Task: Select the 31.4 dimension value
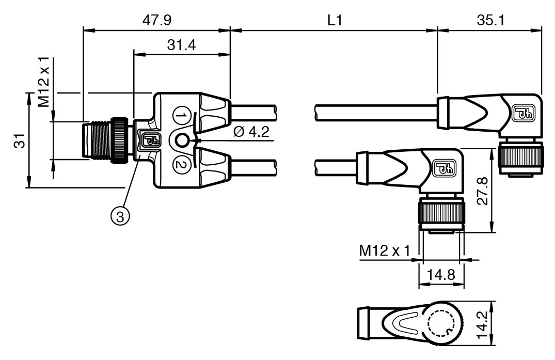click(x=181, y=45)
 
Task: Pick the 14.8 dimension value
click(x=440, y=274)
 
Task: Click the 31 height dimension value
click(x=20, y=141)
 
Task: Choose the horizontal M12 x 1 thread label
click(x=385, y=252)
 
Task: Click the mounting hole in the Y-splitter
click(x=181, y=139)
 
